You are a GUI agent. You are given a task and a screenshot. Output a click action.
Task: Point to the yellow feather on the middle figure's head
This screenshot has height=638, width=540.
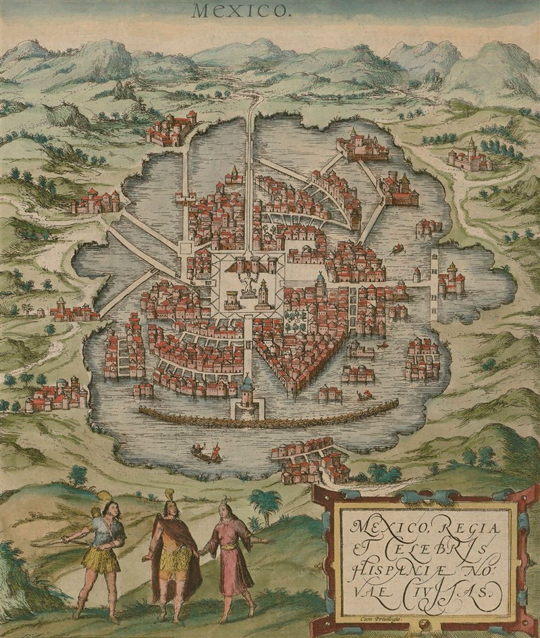[168, 494]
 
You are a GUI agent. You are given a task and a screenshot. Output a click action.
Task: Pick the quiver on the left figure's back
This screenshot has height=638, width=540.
[108, 514]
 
